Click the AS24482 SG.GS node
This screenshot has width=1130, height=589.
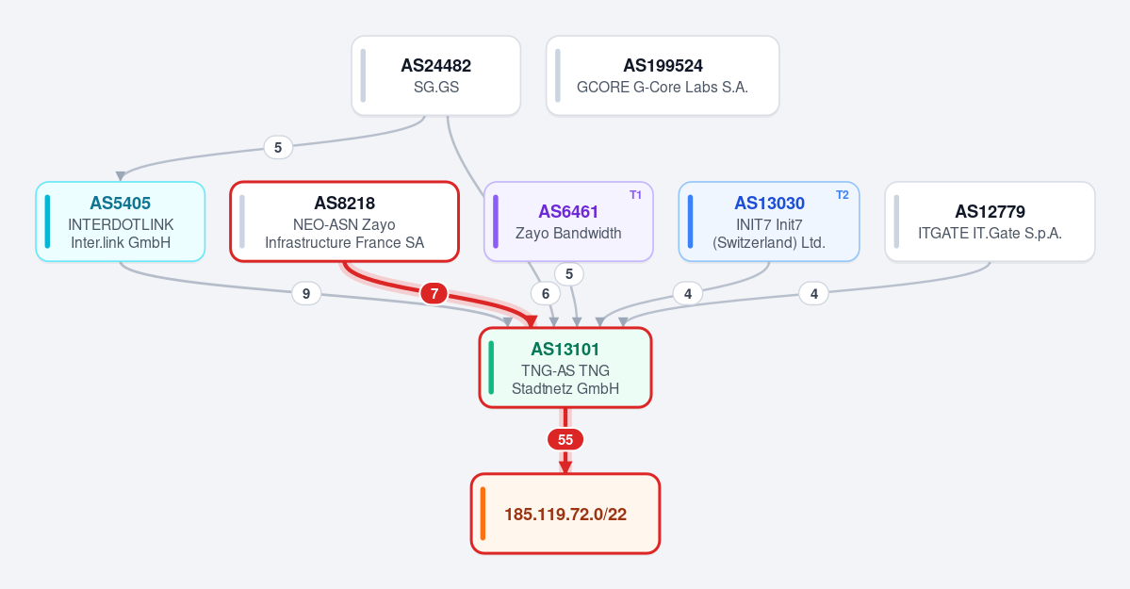pos(436,75)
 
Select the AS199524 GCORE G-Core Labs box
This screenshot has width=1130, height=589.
pos(663,75)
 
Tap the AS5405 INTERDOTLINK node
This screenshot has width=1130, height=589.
pos(121,221)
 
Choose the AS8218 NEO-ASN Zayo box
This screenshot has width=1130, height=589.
pos(345,221)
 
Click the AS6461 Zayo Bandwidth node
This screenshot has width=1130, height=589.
pos(568,221)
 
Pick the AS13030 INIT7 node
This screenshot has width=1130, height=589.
pos(769,221)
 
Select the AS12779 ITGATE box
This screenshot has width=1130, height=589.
pos(990,221)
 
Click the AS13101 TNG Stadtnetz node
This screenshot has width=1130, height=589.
pos(565,368)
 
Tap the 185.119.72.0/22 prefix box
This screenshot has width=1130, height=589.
pos(565,514)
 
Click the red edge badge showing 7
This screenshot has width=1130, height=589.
pos(434,293)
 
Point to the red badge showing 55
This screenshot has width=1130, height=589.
pos(565,440)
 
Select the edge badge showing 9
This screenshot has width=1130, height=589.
pos(306,293)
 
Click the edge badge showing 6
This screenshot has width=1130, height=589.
pos(546,293)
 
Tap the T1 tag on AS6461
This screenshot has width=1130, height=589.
pos(635,195)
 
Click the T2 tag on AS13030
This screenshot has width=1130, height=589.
pos(843,195)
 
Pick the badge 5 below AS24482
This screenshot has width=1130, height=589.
pos(278,147)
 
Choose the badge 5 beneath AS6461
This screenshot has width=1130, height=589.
pos(569,274)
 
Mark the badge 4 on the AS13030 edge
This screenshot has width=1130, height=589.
pos(687,293)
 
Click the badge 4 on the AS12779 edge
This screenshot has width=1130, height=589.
pos(814,293)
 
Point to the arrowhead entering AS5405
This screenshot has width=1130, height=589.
pos(121,176)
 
